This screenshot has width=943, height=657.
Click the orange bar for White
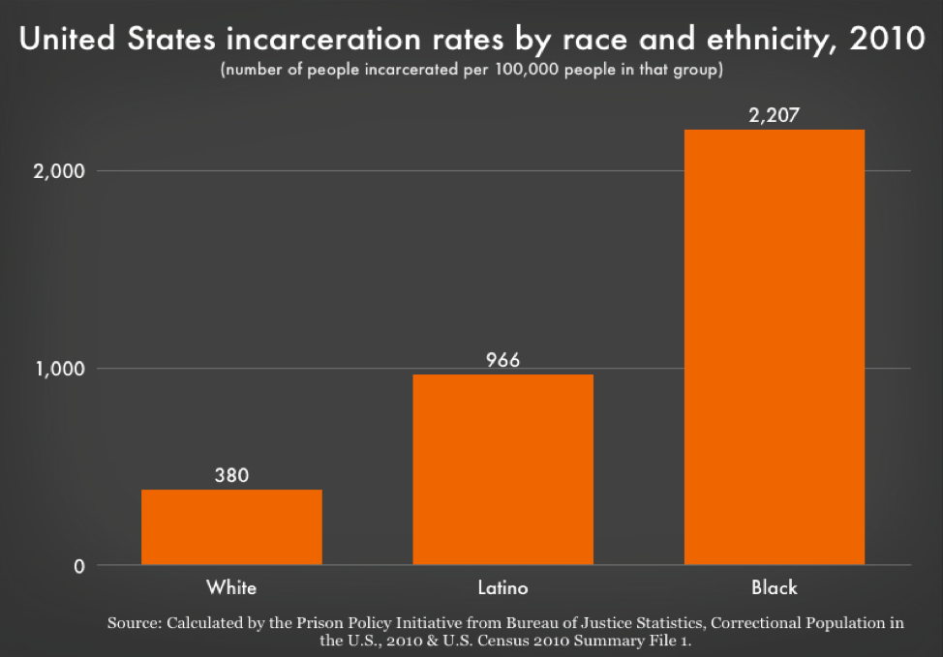click(x=231, y=526)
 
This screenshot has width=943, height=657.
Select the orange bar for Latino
click(x=502, y=469)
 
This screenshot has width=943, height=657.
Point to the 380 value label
click(x=231, y=476)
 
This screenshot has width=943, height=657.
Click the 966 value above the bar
click(x=502, y=360)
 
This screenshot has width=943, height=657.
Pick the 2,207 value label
click(x=774, y=116)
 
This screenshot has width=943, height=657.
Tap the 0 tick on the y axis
click(x=77, y=566)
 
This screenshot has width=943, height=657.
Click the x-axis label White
click(x=231, y=587)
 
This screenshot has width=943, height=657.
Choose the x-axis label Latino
click(x=502, y=587)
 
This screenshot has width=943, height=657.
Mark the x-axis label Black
click(x=774, y=587)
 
